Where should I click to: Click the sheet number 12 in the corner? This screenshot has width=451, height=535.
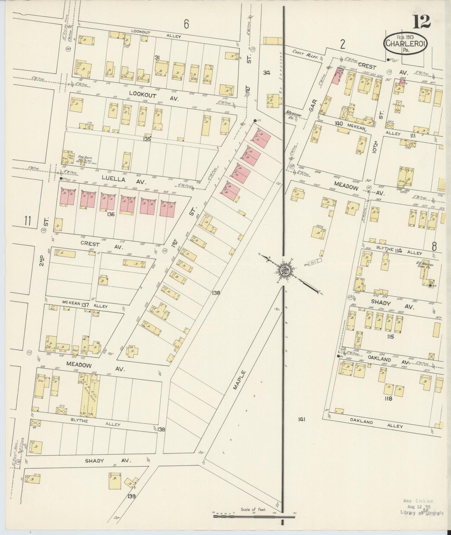point(422,22)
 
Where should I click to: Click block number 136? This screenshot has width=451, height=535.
point(110,214)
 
